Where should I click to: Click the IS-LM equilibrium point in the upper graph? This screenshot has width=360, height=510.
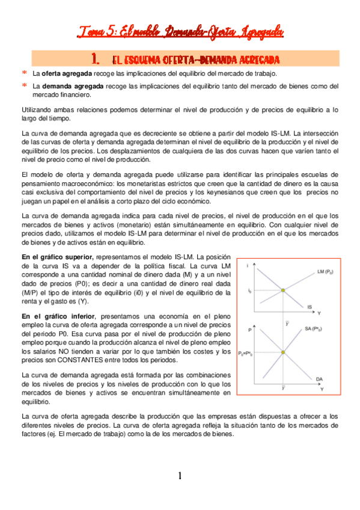283,290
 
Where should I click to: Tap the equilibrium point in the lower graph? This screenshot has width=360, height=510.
283,352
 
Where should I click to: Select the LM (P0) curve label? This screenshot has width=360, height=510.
326,272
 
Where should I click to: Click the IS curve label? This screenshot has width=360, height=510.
309,307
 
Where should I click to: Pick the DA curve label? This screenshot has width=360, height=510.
319,378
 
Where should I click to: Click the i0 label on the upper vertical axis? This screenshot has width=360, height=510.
249,290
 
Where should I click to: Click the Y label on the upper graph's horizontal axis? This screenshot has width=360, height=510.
319,314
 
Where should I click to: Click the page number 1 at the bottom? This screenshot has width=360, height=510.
179,476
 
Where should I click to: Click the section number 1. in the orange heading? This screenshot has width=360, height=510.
94,59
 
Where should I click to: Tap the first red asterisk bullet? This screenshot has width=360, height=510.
25,73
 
